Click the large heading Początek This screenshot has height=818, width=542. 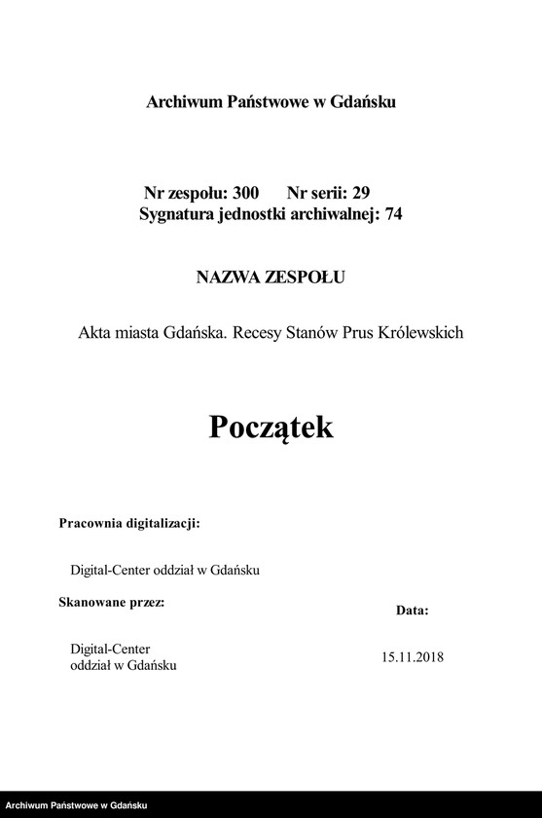point(271,428)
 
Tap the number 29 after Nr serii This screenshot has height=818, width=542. point(360,193)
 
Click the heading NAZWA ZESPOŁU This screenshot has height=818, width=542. point(271,278)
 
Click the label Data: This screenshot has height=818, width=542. point(412,611)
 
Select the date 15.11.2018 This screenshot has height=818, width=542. point(413,657)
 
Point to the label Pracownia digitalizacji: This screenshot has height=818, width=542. point(129,523)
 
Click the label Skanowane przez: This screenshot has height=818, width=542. point(112,602)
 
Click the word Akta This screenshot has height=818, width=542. point(95,333)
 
